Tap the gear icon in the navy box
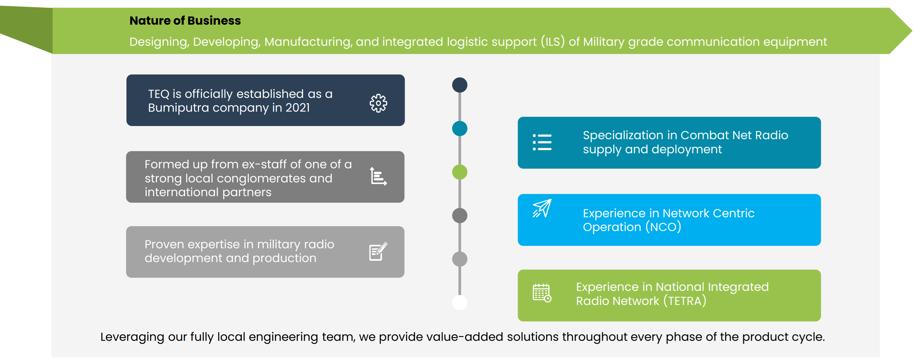378,103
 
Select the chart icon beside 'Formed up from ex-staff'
378,176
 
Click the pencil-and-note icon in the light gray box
378,252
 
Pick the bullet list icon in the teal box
542,142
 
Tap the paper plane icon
542,208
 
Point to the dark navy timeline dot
459,85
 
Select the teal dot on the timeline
459,128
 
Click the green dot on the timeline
459,172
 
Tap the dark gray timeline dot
459,216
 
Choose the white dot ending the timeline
459,302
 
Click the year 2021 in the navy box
298,108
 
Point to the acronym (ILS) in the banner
553,42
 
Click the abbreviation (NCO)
663,227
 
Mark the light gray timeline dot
459,259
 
